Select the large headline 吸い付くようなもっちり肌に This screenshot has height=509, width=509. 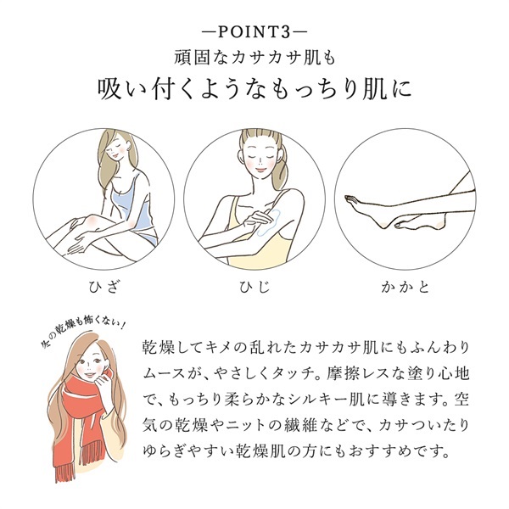point(254,90)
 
